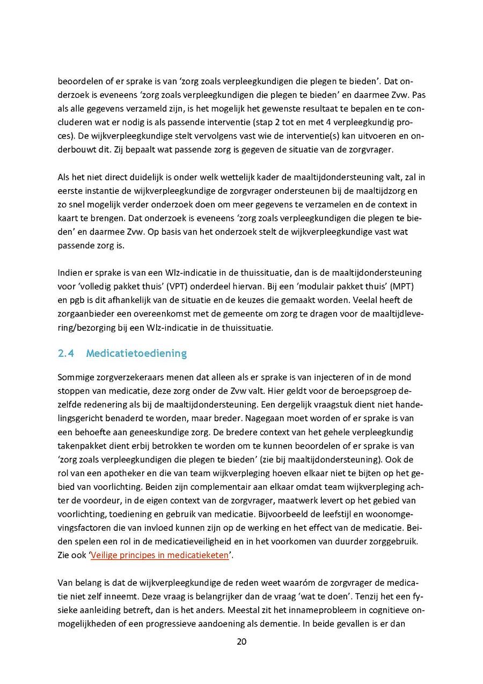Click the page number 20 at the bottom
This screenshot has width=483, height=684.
[241, 642]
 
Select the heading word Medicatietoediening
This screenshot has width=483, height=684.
[136, 353]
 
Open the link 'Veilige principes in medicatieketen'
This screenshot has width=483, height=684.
[159, 555]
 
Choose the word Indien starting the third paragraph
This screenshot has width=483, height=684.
[70, 273]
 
